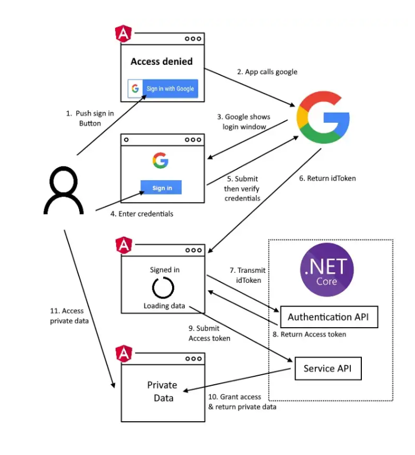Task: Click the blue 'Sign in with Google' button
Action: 162,89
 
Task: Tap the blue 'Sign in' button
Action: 161,188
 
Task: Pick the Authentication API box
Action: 329,317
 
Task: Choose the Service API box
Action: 326,368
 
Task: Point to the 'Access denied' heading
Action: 161,61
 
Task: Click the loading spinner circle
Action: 163,287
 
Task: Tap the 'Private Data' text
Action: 162,391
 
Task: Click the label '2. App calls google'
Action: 267,72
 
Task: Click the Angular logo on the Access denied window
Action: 122,34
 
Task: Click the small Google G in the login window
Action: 160,161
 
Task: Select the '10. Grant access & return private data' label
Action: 242,402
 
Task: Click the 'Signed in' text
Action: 164,270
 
